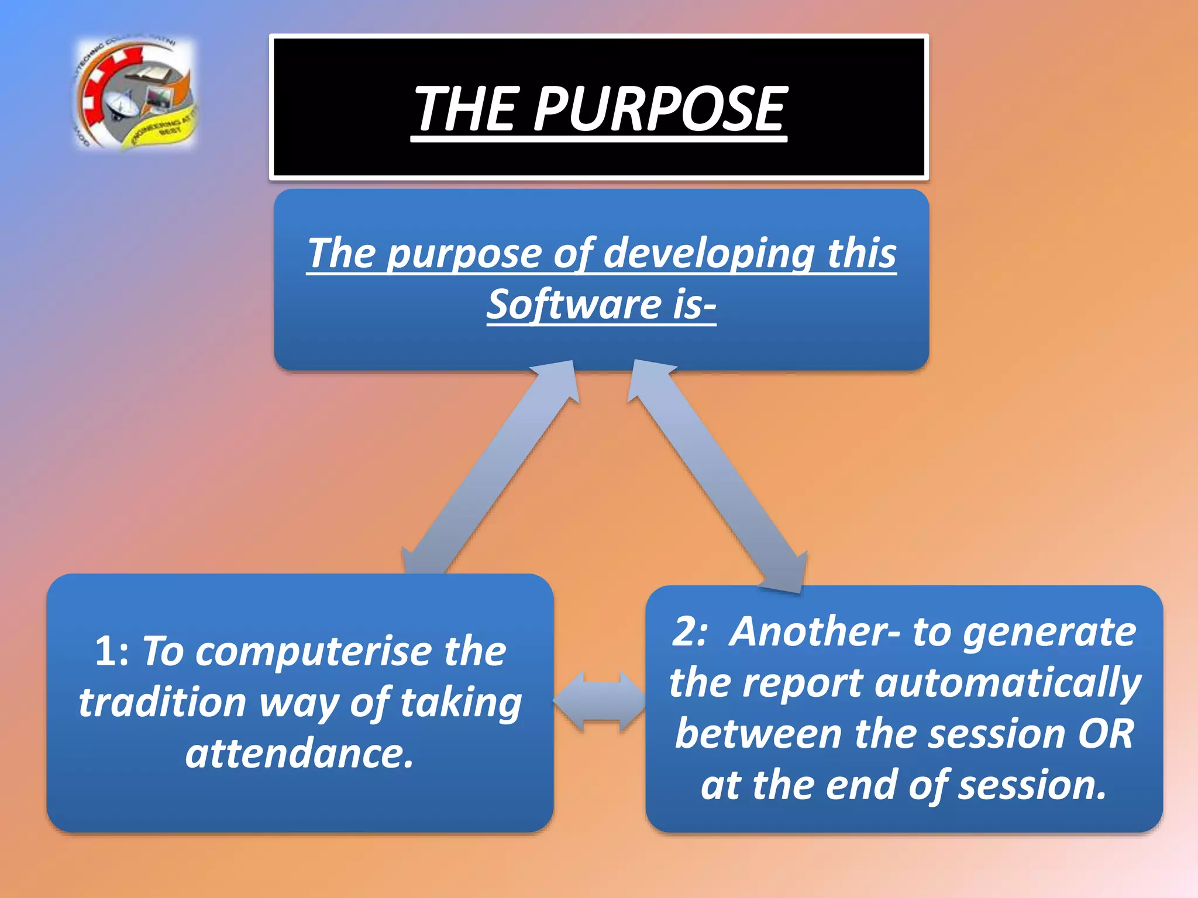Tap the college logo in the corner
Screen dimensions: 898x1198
tap(136, 94)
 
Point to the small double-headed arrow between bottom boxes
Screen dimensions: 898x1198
tap(599, 700)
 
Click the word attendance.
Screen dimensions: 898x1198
tap(299, 754)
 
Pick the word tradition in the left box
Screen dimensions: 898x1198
tap(163, 703)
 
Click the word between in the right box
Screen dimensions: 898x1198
tap(758, 734)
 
